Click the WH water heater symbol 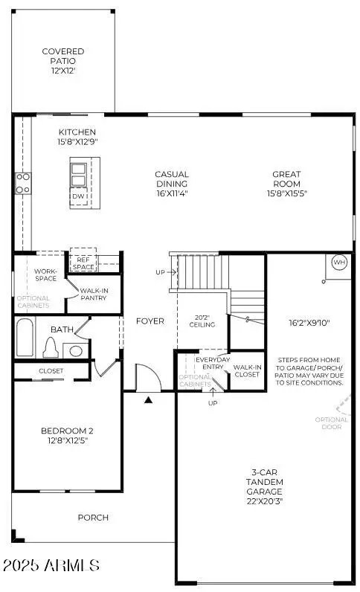(339, 263)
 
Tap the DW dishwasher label (78, 196)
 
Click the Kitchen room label (77, 137)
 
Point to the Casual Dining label (172, 184)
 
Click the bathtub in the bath (23, 339)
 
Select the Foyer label (150, 321)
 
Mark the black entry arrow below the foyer (148, 400)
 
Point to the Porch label (93, 518)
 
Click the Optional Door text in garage (332, 424)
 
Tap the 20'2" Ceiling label (202, 320)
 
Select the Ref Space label (83, 263)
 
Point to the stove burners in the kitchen (23, 182)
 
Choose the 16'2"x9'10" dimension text (309, 322)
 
